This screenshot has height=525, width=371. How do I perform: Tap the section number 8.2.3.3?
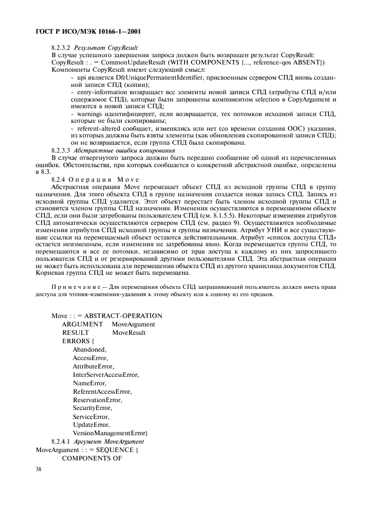(x=62, y=150)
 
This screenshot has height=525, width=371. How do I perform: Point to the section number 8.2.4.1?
(x=62, y=441)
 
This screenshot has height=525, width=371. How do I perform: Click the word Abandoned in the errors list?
(x=89, y=349)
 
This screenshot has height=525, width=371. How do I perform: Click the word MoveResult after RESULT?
(x=129, y=333)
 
